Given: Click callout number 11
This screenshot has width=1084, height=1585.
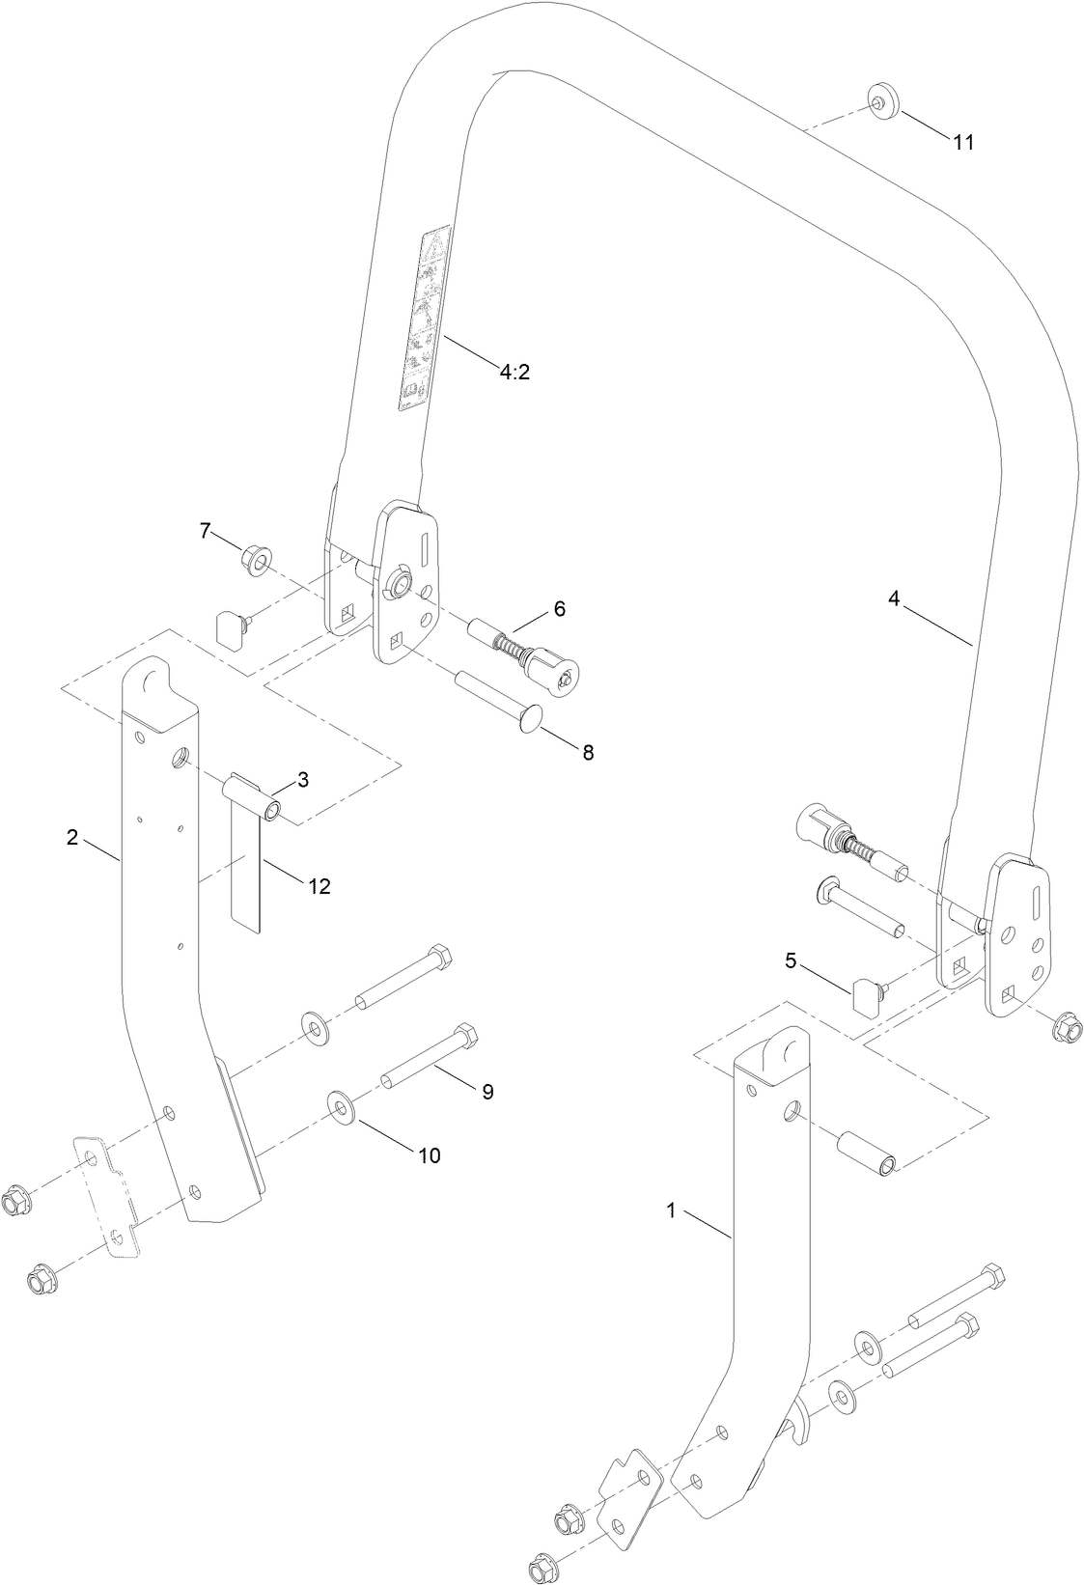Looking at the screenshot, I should pyautogui.click(x=962, y=142).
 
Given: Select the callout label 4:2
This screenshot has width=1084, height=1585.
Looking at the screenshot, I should pyautogui.click(x=514, y=372).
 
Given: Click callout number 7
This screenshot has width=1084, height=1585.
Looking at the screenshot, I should pyautogui.click(x=204, y=529).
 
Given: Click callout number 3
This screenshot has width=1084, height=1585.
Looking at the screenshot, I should pyautogui.click(x=302, y=780).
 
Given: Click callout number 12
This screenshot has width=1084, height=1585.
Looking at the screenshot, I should pyautogui.click(x=319, y=885).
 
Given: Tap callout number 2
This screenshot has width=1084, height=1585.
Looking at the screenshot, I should pyautogui.click(x=72, y=837).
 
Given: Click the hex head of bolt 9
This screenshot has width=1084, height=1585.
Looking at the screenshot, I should pyautogui.click(x=465, y=1037).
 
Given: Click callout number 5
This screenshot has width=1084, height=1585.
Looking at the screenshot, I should pyautogui.click(x=791, y=960).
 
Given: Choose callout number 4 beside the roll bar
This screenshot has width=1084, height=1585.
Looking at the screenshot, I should pyautogui.click(x=894, y=599).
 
